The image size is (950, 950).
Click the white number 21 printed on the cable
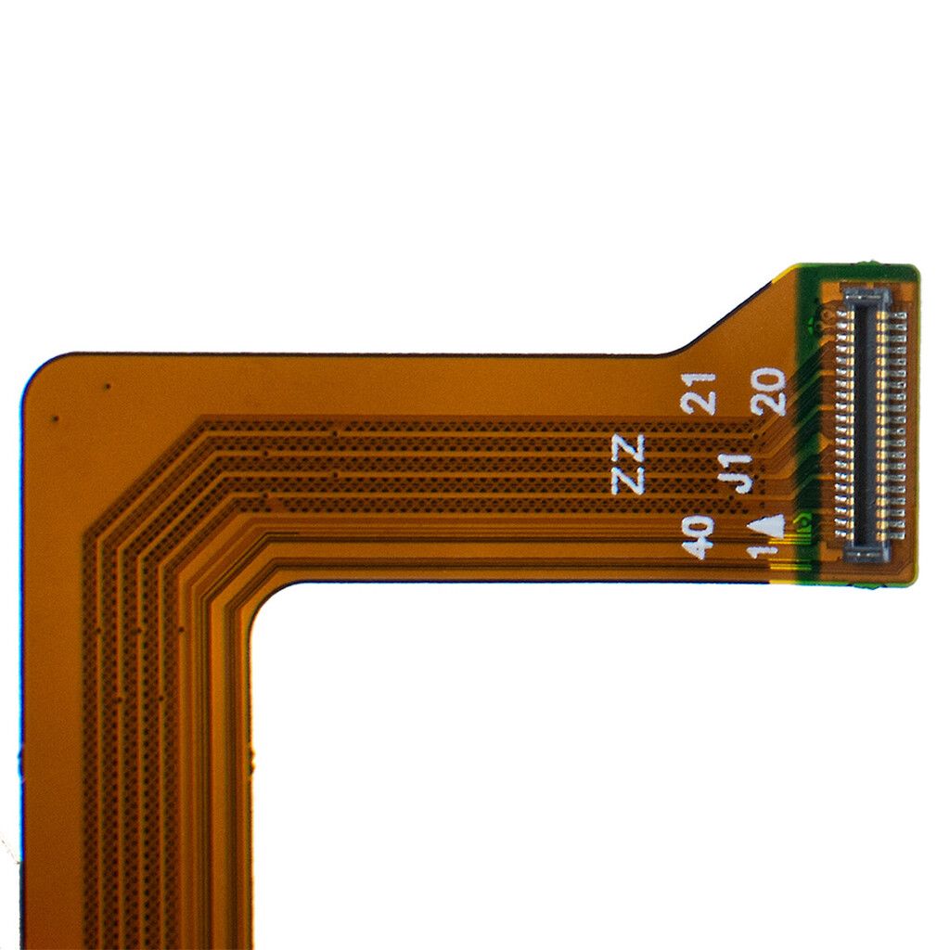coord(699,393)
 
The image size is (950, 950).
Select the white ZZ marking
coord(630,464)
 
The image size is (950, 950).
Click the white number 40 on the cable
coord(699,537)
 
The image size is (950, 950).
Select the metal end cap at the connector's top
coord(867,296)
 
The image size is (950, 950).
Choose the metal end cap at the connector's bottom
coord(868,549)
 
